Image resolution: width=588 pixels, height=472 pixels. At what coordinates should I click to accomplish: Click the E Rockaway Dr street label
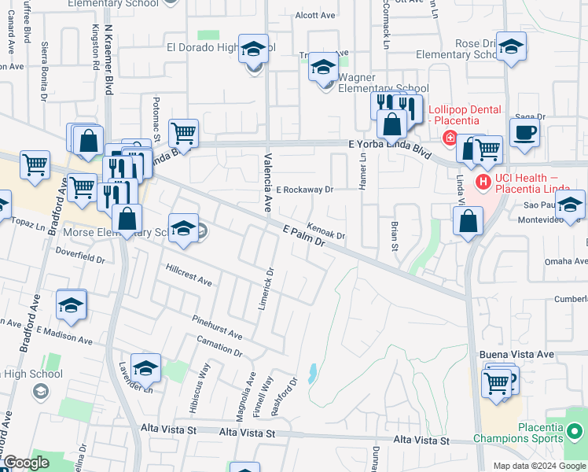pyautogui.click(x=306, y=190)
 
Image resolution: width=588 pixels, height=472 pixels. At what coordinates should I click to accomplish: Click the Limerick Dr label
pyautogui.click(x=266, y=287)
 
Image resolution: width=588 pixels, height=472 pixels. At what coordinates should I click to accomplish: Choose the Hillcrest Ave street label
pyautogui.click(x=189, y=274)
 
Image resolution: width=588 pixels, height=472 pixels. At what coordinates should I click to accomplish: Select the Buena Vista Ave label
pyautogui.click(x=516, y=355)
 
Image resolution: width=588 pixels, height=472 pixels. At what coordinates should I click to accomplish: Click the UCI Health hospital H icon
pyautogui.click(x=483, y=183)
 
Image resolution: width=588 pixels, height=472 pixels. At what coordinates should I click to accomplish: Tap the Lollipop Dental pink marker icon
pyautogui.click(x=450, y=139)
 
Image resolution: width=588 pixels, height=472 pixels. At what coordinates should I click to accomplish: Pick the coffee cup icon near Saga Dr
pyautogui.click(x=524, y=131)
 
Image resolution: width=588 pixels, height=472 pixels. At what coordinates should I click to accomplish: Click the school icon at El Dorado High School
pyautogui.click(x=254, y=50)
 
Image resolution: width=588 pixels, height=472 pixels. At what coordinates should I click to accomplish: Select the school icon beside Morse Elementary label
pyautogui.click(x=183, y=229)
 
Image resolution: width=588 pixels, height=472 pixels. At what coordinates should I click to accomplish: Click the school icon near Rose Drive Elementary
pyautogui.click(x=511, y=47)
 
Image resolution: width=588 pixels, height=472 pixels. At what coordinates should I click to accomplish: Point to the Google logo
pyautogui.click(x=26, y=463)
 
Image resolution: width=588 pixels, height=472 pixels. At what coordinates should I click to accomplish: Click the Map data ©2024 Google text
pyautogui.click(x=538, y=466)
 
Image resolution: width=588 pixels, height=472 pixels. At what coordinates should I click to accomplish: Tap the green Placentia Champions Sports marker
pyautogui.click(x=575, y=431)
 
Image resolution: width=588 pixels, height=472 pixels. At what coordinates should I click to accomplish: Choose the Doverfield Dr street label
pyautogui.click(x=80, y=254)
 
